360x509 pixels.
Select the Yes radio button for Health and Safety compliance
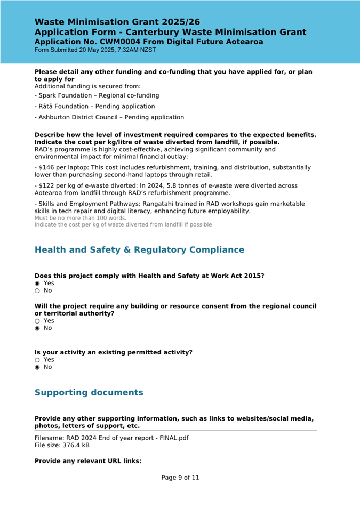point(37,284)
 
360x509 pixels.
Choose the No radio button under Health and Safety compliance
point(37,291)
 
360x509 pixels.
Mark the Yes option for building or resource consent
point(37,321)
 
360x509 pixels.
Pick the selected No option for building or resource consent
point(37,328)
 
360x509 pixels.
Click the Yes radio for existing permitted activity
point(37,360)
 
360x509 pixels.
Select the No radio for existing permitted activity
point(37,367)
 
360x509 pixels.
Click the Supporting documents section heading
point(89,393)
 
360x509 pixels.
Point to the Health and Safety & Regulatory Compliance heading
point(139,250)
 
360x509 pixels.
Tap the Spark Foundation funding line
point(97,95)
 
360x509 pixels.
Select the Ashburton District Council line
point(109,117)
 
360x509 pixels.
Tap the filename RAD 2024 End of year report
point(111,438)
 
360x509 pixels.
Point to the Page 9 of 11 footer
point(180,478)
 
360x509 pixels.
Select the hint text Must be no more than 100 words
point(81,218)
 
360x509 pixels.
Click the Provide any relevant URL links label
point(88,461)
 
